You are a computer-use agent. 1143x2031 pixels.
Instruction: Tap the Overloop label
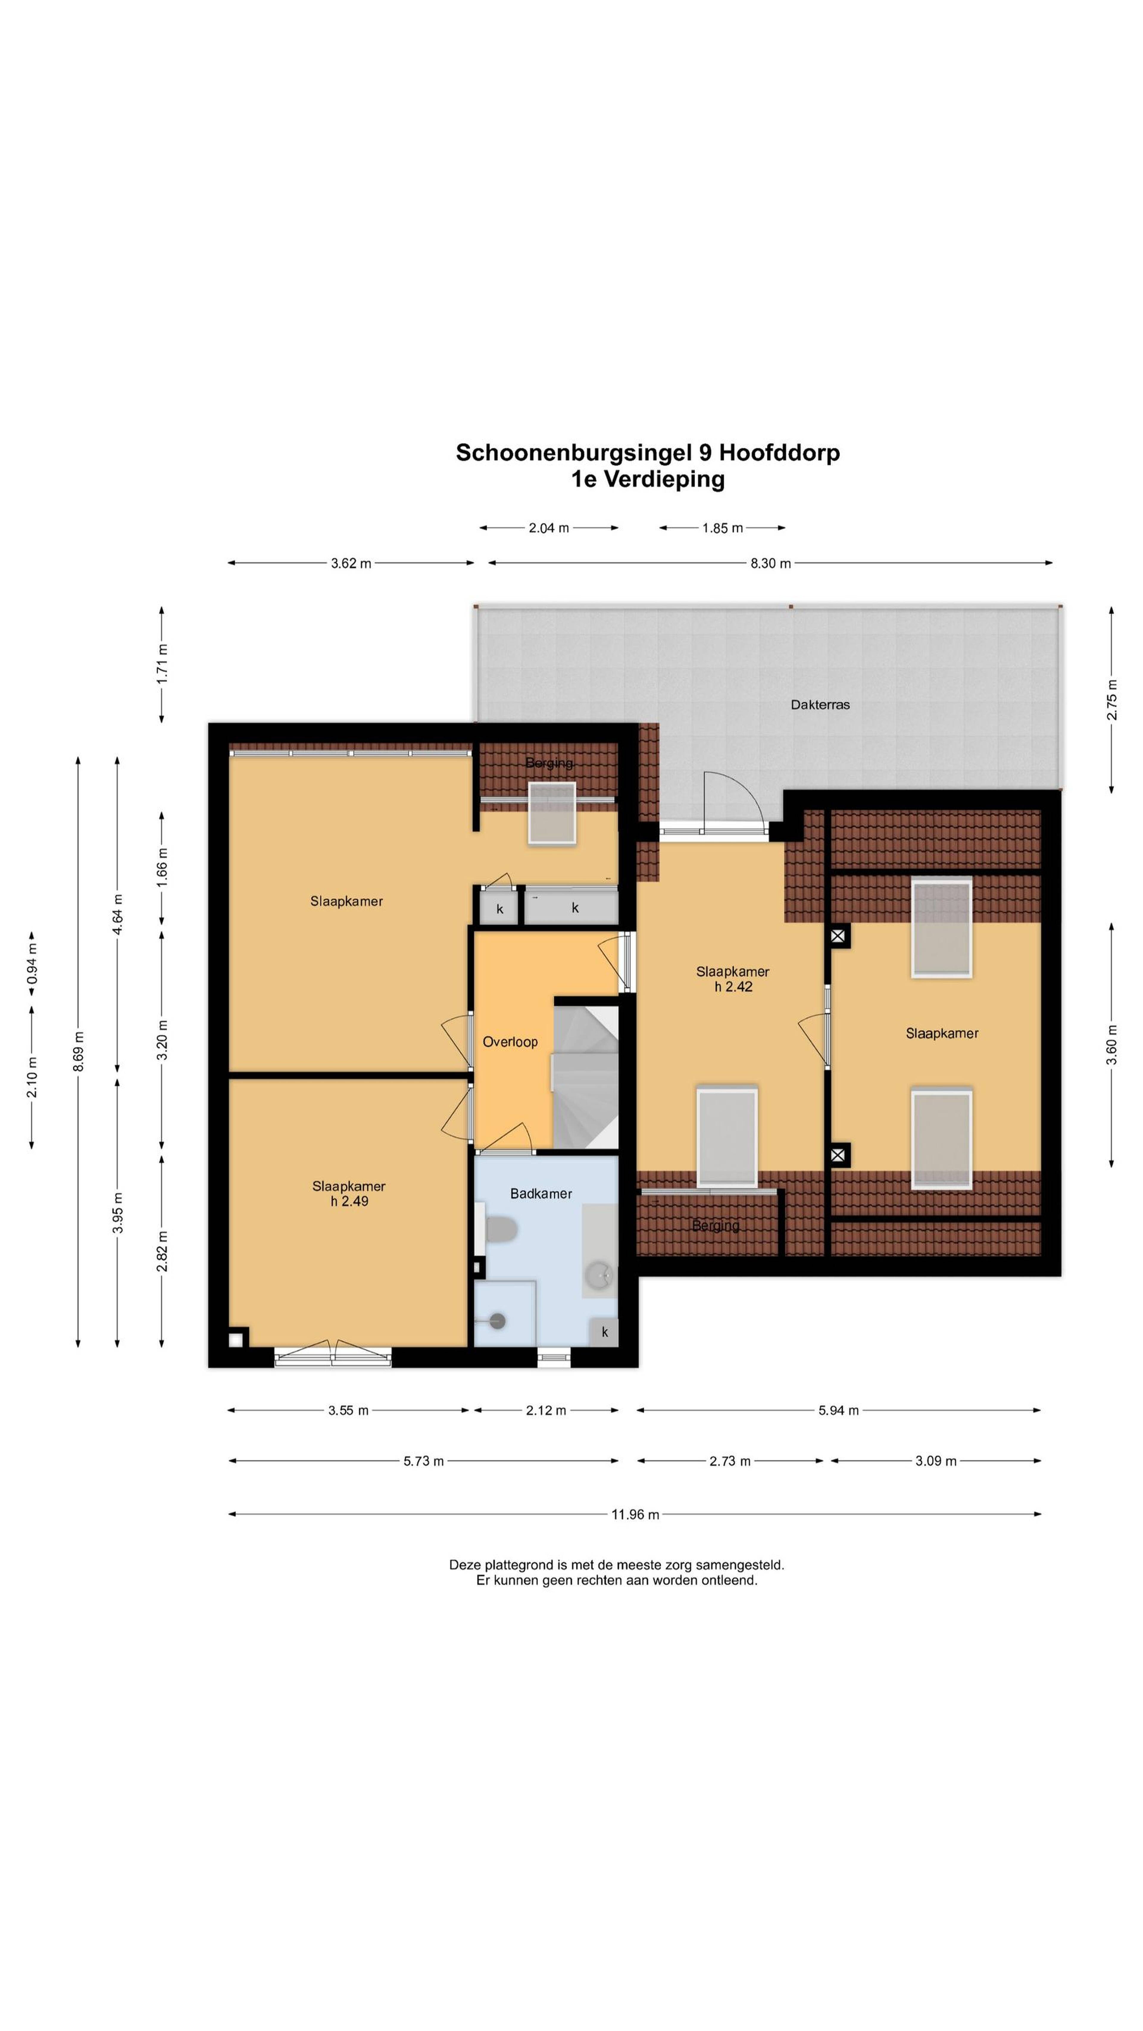click(510, 1042)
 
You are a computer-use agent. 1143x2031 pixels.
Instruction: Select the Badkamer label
click(541, 1194)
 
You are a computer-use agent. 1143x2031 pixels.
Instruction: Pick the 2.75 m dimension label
click(1111, 699)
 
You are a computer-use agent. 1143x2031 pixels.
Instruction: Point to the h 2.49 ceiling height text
click(349, 1202)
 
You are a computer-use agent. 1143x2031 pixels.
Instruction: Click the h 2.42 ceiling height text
click(733, 986)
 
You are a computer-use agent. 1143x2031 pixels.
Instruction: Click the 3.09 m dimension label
click(936, 1461)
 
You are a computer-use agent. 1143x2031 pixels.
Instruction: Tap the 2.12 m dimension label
click(546, 1410)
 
